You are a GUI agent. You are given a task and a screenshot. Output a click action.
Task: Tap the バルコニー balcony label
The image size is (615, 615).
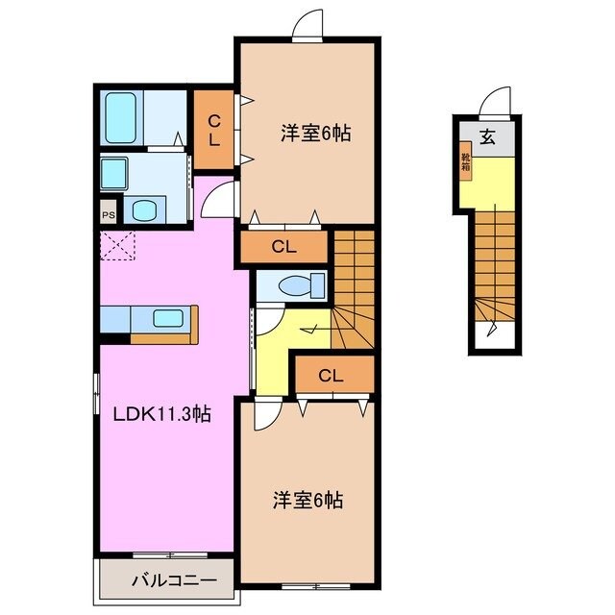(x=169, y=579)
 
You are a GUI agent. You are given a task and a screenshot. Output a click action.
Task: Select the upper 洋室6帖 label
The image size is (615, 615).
(x=314, y=135)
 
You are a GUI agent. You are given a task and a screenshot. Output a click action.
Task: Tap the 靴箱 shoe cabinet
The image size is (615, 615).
(x=465, y=162)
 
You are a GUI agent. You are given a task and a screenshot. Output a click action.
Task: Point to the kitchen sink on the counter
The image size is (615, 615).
(x=168, y=318)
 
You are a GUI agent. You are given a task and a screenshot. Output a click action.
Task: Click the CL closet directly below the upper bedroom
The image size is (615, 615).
(x=283, y=247)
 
